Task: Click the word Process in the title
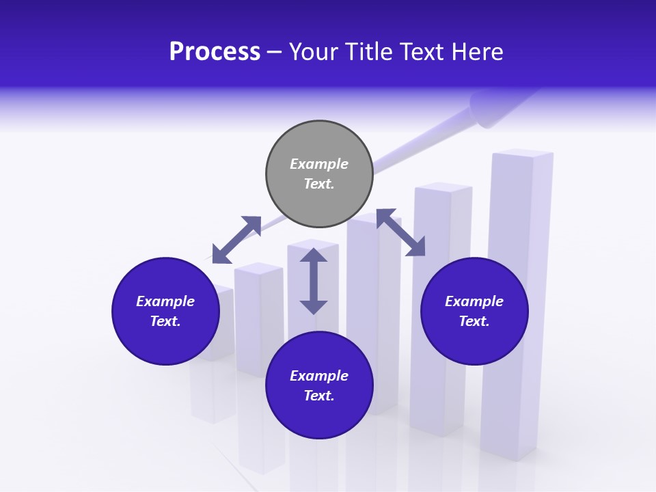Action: click(x=215, y=52)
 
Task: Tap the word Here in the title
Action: click(x=478, y=52)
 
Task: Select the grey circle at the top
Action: click(x=319, y=174)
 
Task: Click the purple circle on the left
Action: click(x=165, y=311)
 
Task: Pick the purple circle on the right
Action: click(x=474, y=311)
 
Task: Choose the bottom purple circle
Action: click(x=319, y=385)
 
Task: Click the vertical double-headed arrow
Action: click(x=314, y=281)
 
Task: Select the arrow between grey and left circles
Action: click(x=236, y=240)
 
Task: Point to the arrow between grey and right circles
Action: click(x=400, y=232)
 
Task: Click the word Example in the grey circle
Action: click(x=319, y=164)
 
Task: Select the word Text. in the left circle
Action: click(x=165, y=321)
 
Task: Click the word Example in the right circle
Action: click(x=474, y=301)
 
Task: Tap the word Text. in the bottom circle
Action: click(x=319, y=396)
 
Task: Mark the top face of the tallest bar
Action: click(x=522, y=153)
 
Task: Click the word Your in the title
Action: click(x=314, y=52)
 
